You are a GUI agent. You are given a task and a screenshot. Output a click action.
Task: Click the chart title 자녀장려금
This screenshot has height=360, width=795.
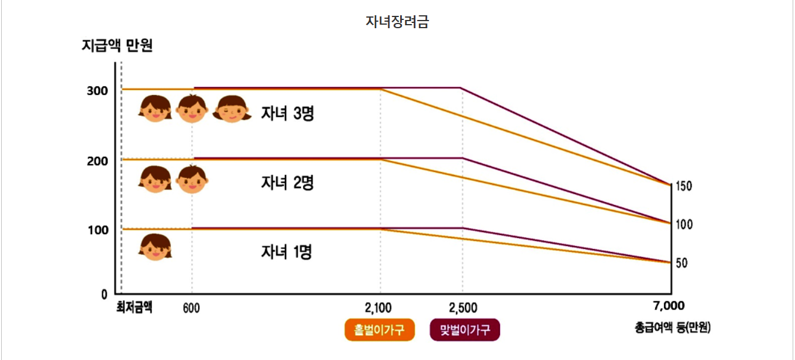coord(397,22)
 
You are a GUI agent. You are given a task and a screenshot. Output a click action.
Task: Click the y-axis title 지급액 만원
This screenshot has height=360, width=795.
coord(117,45)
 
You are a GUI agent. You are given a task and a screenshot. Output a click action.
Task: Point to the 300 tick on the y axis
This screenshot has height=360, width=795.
coord(98,91)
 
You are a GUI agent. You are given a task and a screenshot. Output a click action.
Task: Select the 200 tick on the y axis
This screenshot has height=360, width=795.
coord(98,160)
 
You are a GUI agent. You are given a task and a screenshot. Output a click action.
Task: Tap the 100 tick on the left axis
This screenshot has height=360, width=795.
coord(98,230)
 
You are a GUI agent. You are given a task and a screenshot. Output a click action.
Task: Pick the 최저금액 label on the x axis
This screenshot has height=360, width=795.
coord(134,307)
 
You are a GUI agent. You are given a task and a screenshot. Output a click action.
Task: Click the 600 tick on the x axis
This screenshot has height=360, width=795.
coord(191,308)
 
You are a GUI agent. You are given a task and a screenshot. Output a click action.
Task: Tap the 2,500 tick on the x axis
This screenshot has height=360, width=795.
coord(463,308)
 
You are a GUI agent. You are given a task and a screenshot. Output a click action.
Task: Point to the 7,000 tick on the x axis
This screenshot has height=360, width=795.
coord(669,306)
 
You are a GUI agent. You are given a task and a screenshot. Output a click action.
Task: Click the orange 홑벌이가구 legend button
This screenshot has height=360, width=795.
coord(380,330)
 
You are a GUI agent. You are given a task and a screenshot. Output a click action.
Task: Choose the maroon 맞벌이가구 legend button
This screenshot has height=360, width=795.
coord(465,330)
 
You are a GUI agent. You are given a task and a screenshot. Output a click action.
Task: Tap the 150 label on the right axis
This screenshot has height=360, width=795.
coord(684,186)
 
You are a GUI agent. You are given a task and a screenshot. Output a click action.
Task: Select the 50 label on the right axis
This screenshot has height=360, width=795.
coord(682,263)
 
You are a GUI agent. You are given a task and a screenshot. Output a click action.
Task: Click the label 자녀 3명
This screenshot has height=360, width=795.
coord(287,113)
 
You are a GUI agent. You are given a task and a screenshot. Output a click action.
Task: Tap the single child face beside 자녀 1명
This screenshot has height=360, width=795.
coord(155,247)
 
